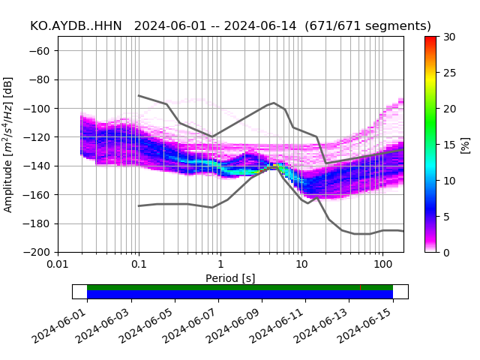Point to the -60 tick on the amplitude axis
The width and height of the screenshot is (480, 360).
(41, 51)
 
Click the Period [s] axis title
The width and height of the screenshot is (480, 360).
(230, 278)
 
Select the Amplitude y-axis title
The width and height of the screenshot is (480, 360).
(9, 144)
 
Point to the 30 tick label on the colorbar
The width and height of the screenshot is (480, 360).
(448, 37)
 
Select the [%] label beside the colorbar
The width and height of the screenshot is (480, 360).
(465, 145)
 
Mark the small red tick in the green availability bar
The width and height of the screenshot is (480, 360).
(360, 287)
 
